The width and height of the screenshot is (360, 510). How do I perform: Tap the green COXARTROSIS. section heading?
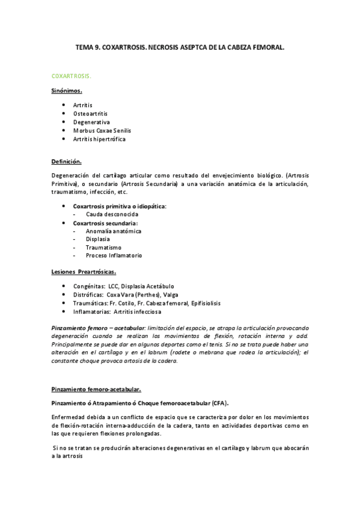[71, 77]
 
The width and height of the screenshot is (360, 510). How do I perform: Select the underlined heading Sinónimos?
[66, 91]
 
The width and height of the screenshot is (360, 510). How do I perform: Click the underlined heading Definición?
[66, 162]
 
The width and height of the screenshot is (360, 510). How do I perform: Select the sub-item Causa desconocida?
[112, 214]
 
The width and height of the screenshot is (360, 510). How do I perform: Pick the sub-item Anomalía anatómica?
[114, 231]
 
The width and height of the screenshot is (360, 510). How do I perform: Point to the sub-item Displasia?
[97, 239]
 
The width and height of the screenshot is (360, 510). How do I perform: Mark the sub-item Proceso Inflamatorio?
[114, 256]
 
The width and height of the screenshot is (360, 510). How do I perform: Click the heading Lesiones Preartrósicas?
[84, 271]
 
